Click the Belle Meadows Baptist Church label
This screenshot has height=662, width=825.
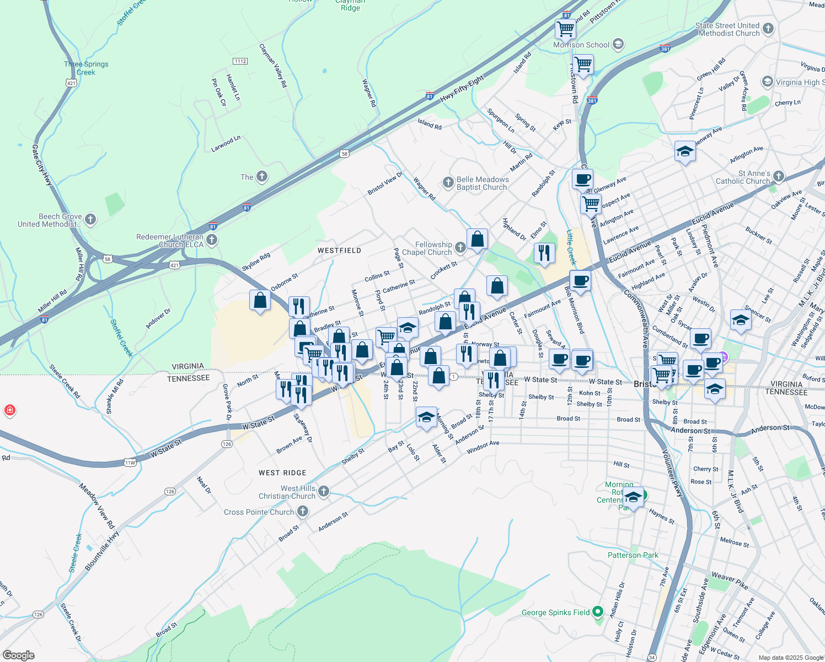[483, 183]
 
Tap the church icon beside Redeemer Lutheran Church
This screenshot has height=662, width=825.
[212, 240]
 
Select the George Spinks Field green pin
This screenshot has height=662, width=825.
[597, 612]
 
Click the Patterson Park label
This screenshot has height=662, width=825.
[633, 555]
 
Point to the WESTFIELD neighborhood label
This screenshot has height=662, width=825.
[339, 250]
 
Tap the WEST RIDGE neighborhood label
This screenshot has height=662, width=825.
[282, 473]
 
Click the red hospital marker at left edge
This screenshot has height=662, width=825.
[9, 410]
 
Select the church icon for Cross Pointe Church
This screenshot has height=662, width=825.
[303, 511]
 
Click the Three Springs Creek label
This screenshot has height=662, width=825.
[86, 68]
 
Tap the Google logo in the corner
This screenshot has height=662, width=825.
[19, 655]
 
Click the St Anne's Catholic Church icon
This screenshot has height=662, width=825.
[778, 177]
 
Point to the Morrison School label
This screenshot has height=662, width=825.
[581, 45]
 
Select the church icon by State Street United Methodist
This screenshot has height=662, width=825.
[768, 29]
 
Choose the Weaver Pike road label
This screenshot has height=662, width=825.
[730, 580]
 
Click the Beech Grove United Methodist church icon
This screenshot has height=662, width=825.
[90, 220]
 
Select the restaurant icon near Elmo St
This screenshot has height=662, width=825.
[544, 253]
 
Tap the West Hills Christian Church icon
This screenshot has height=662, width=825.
[324, 491]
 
